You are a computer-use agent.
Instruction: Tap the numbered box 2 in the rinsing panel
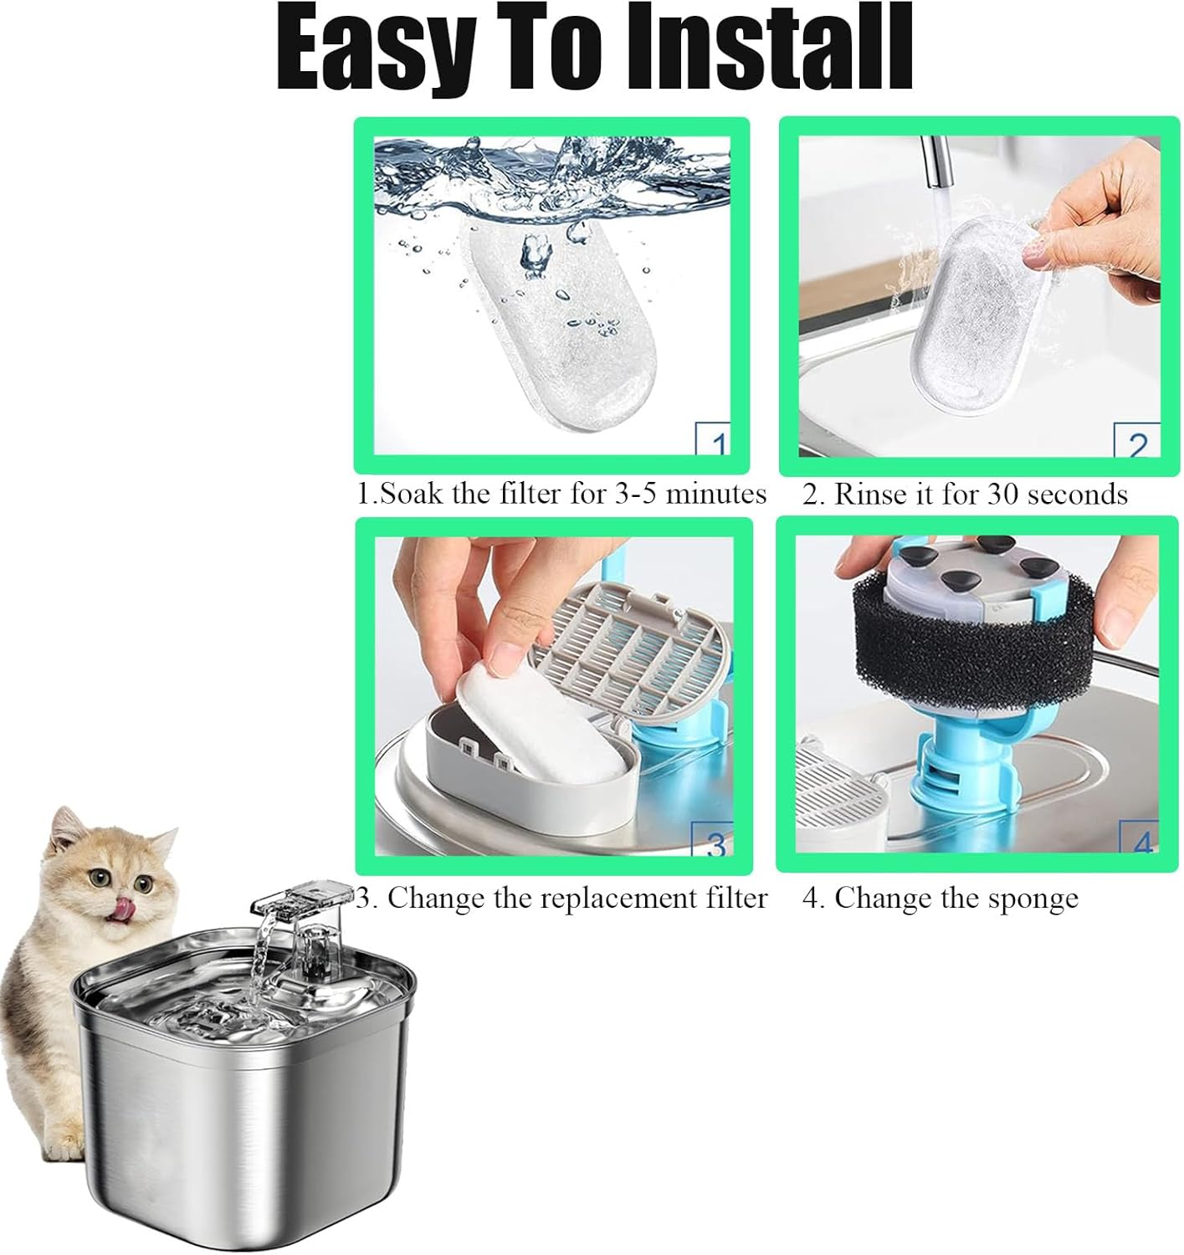point(1136,443)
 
